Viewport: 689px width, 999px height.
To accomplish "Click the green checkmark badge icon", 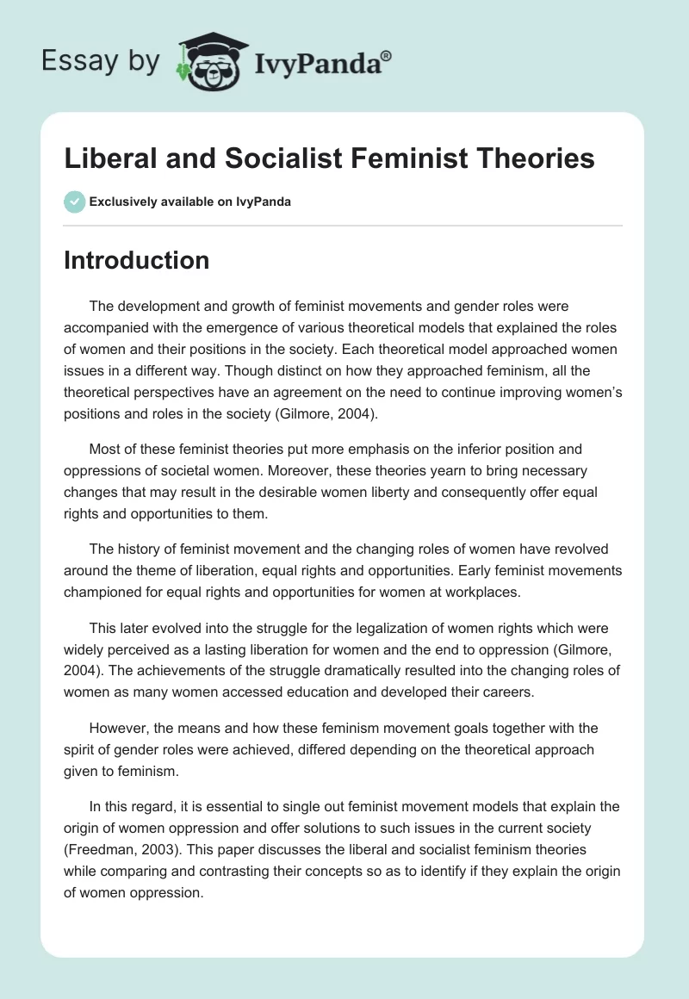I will [x=74, y=202].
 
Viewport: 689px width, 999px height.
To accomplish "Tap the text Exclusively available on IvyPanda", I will [x=190, y=202].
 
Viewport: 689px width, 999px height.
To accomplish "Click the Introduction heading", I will [x=136, y=260].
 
